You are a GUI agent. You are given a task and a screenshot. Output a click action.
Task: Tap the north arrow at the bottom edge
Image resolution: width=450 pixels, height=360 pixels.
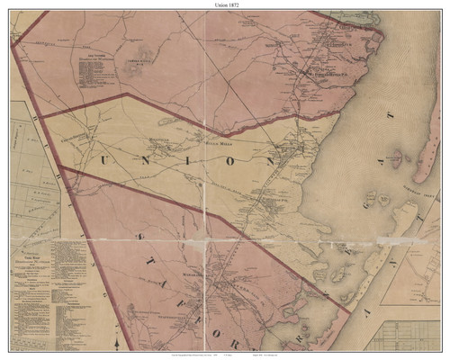tap(117, 341)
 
